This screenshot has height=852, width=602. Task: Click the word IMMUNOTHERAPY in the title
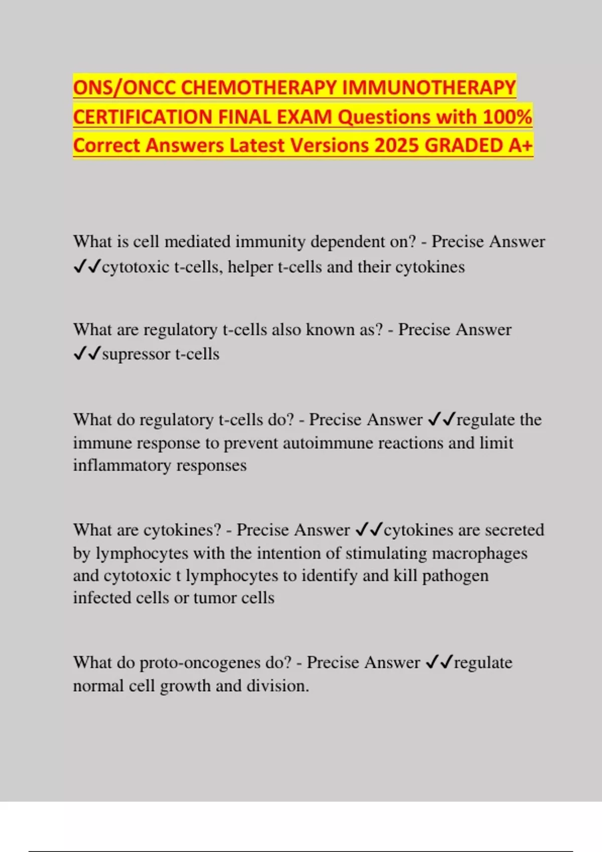tap(429, 88)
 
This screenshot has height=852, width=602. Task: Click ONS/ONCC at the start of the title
tap(124, 88)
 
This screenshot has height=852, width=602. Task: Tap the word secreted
tap(515, 530)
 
